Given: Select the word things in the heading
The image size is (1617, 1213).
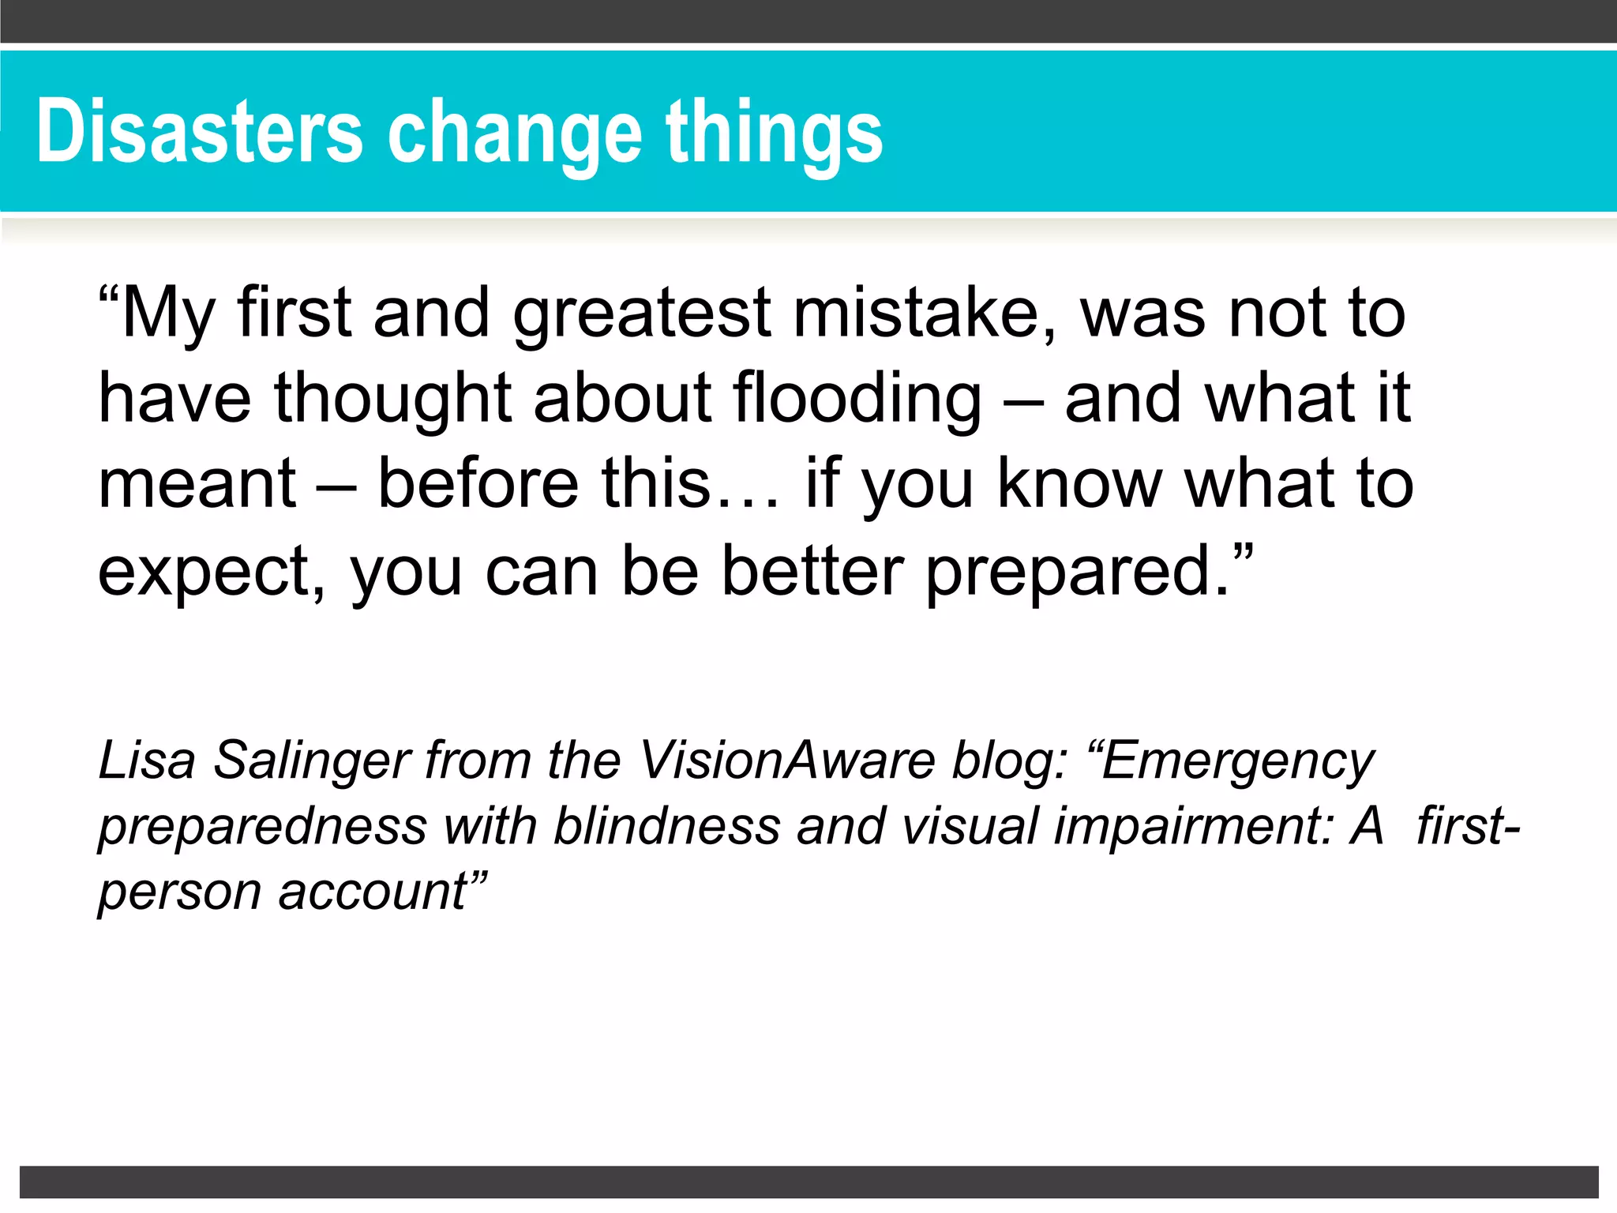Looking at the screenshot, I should coord(774,134).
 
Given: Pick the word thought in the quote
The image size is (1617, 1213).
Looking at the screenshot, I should coord(393,398).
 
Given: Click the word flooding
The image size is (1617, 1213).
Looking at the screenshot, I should coord(857,398).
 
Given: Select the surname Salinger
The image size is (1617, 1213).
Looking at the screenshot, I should coord(313,761).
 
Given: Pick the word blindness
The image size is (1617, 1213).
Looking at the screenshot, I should coord(666,826).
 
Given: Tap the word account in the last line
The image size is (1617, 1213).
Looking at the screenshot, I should coord(374,892).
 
